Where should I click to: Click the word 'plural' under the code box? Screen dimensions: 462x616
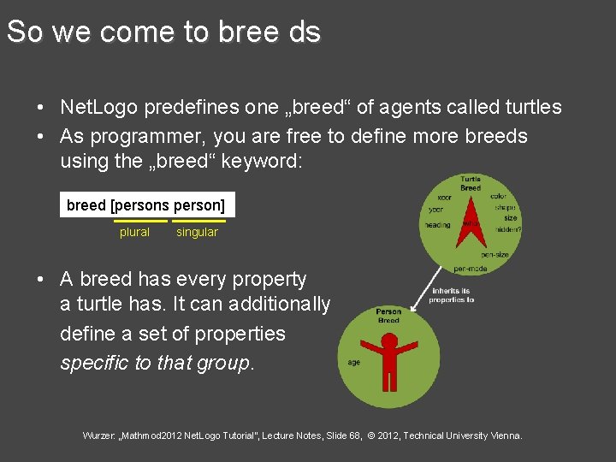134,232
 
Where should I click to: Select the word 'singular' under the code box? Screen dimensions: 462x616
197,232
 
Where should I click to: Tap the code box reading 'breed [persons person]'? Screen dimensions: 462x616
146,205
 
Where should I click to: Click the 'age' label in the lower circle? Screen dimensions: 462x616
353,362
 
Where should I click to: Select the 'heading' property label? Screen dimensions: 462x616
437,225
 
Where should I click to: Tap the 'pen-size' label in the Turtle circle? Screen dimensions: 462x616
495,254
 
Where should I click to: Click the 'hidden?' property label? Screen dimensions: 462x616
507,229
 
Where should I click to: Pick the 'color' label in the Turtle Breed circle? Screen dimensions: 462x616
499,196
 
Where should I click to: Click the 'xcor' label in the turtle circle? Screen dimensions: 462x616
444,196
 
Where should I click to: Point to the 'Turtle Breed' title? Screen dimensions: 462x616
471,183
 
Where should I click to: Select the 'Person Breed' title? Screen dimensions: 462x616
388,316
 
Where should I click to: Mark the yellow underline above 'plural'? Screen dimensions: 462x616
140,221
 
